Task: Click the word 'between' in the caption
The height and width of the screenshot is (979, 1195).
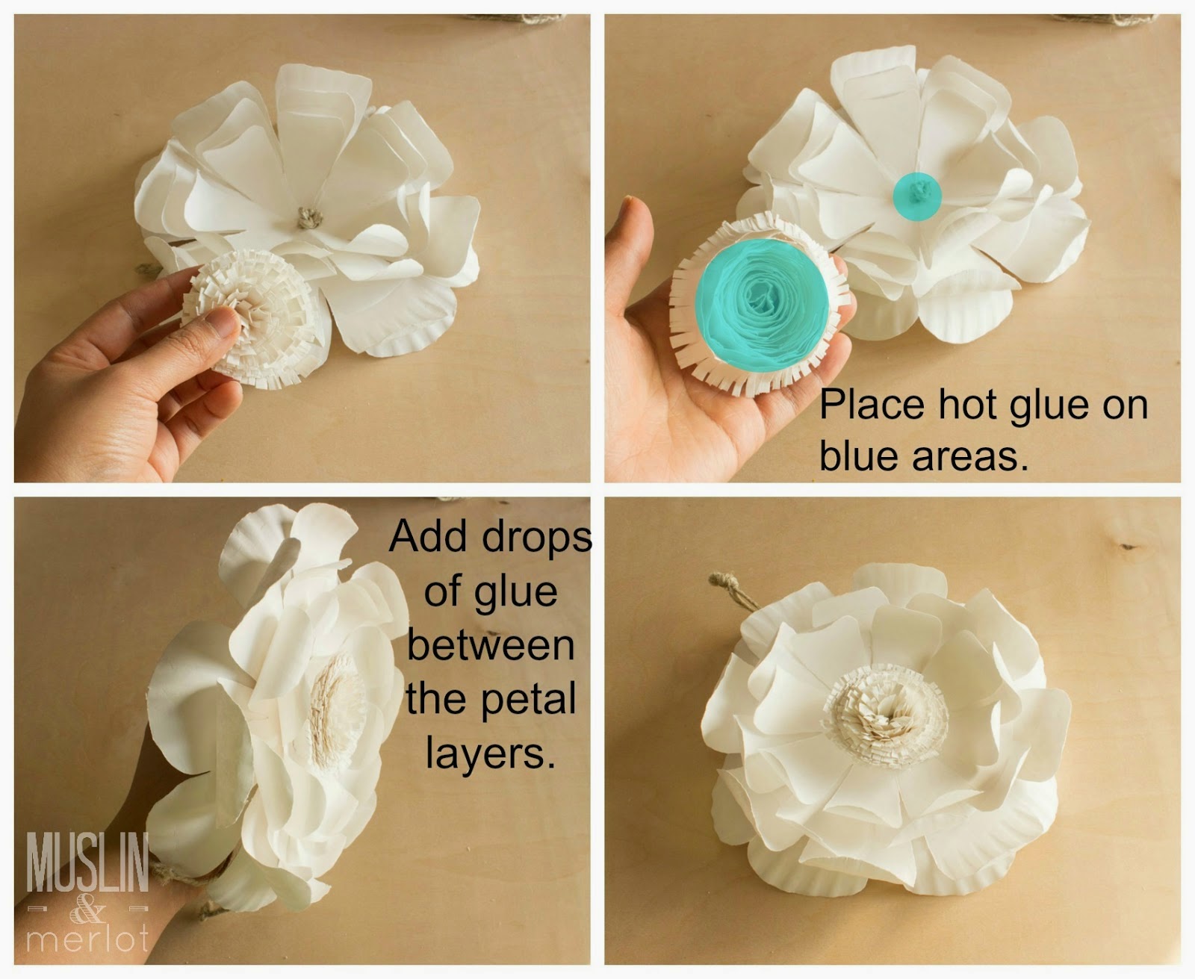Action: (491, 646)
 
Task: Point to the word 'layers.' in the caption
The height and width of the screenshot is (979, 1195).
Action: (491, 754)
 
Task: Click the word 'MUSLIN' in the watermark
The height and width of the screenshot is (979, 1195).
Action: (87, 863)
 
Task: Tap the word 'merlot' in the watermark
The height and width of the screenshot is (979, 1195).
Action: (87, 939)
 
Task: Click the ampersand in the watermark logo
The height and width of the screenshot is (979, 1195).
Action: (87, 912)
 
